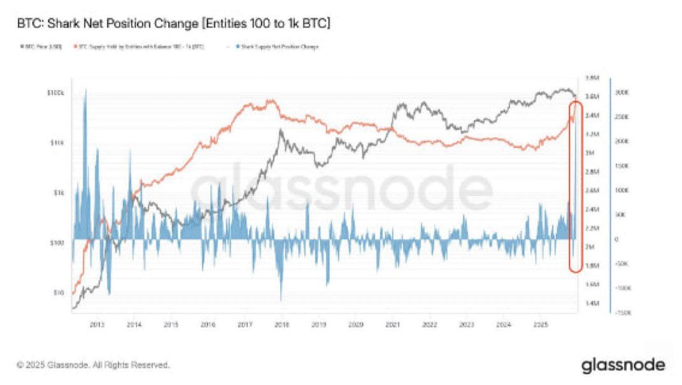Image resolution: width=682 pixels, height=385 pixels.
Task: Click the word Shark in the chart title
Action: pyautogui.click(x=64, y=24)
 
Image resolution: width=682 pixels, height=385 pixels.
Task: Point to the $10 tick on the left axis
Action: pyautogui.click(x=59, y=293)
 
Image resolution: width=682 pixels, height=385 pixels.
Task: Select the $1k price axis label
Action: pyautogui.click(x=59, y=192)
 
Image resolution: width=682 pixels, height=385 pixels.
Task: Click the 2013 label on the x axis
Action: pyautogui.click(x=97, y=324)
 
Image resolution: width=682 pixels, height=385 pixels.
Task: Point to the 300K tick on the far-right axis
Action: pyautogui.click(x=621, y=93)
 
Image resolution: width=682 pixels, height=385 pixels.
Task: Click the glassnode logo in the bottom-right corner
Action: pyautogui.click(x=623, y=365)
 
